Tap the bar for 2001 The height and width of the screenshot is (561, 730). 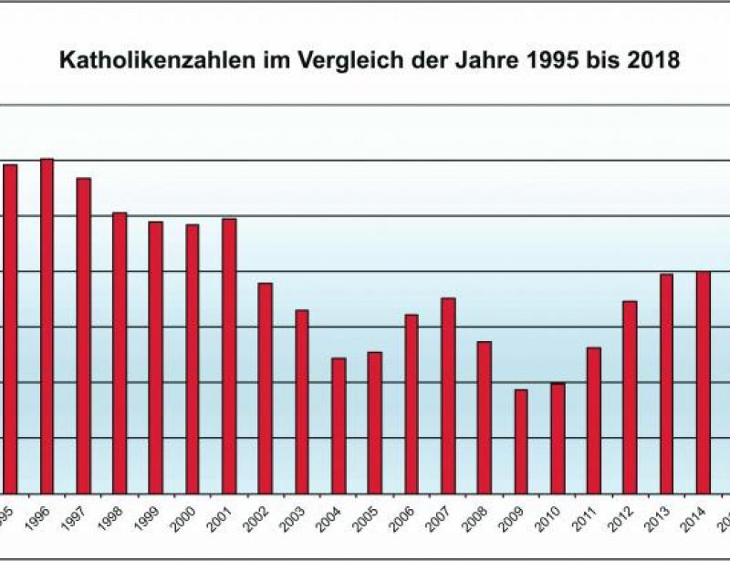229,356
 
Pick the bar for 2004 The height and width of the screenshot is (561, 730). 339,425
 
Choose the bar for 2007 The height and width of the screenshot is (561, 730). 448,395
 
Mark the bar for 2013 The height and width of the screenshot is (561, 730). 666,383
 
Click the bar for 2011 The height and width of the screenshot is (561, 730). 594,420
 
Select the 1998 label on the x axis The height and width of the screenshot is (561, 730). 114,519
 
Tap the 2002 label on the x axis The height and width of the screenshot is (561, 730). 260,519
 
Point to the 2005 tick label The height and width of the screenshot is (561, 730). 370,519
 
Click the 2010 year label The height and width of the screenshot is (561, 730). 552,519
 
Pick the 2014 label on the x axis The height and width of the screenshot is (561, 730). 698,519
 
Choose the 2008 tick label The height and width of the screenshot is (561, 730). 479,519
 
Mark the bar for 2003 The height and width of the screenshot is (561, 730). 302,401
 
